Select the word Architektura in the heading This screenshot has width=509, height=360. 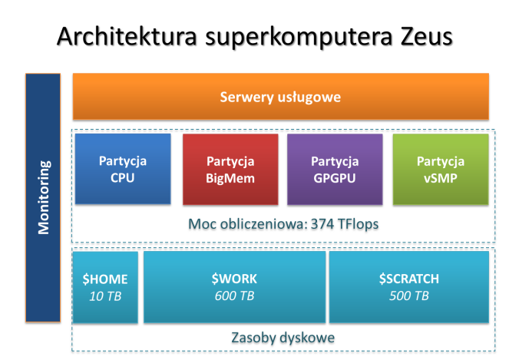pos(127,36)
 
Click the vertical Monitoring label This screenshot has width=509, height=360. pos(44,197)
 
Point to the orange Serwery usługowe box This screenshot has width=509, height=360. pos(281,97)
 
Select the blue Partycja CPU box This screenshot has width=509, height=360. pos(123,169)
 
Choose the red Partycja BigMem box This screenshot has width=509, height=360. pos(230,169)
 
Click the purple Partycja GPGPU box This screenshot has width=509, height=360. pos(335,169)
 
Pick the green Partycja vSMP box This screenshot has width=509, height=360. pos(441,169)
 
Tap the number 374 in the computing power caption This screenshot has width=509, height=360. pos(322,224)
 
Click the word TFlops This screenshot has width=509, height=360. pos(358,224)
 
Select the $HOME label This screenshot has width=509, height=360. pos(105,279)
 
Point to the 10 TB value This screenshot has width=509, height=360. pos(105,296)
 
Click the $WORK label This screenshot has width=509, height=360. pos(234,279)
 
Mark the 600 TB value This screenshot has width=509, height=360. pos(234,296)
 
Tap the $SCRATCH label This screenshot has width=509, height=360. pos(409,279)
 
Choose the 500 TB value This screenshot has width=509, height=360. pos(409,296)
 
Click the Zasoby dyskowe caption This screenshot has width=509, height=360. pos(283,338)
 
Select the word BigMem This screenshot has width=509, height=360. pos(230,179)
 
